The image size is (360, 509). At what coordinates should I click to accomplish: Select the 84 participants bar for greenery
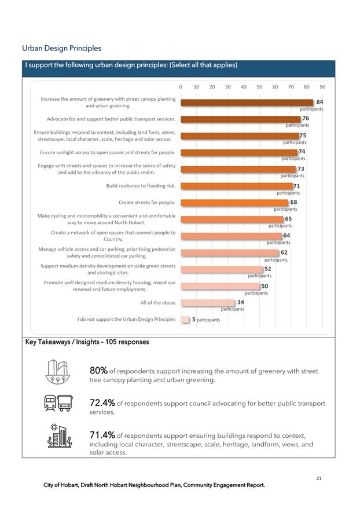[247, 102]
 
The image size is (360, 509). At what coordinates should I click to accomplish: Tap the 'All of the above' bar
[207, 302]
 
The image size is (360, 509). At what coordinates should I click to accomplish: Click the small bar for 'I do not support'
[185, 319]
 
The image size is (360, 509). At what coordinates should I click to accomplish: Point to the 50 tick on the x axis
[259, 86]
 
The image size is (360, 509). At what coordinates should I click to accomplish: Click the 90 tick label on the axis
[322, 86]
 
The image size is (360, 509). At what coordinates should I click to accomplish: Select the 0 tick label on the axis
[181, 86]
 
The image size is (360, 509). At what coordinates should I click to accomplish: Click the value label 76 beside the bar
[305, 118]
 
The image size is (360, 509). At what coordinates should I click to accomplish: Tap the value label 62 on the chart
[284, 252]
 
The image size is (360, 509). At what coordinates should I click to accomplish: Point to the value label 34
[240, 302]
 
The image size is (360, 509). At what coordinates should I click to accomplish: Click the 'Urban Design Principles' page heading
[61, 48]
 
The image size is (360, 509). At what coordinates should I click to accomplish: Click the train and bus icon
[58, 403]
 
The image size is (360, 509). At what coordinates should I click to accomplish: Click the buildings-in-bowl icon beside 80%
[58, 371]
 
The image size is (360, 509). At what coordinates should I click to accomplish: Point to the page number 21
[319, 478]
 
